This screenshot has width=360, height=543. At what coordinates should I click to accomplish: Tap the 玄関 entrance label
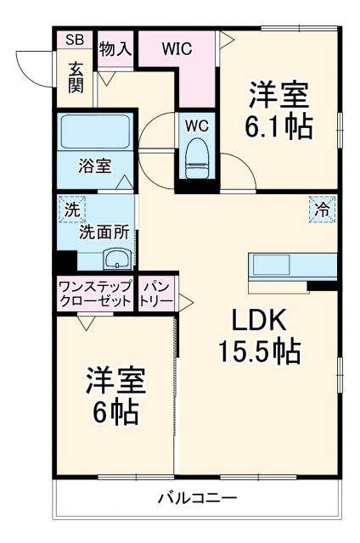(76, 76)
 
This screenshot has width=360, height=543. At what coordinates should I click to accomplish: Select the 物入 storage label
(115, 48)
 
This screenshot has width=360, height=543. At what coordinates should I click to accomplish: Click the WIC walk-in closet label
(177, 48)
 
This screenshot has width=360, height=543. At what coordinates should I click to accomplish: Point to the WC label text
(197, 126)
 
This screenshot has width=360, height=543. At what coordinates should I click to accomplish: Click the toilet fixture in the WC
(196, 157)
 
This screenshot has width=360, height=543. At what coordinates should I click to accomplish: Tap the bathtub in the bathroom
(93, 132)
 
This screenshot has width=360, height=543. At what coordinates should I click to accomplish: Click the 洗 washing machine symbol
(70, 207)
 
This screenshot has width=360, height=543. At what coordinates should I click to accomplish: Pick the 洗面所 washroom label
(103, 230)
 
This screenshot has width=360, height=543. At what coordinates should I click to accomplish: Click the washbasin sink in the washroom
(115, 258)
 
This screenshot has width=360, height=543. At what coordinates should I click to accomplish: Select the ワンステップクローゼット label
(95, 294)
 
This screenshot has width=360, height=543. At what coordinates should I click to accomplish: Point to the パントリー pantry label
(157, 294)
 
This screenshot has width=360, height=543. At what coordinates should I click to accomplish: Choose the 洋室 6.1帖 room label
(278, 110)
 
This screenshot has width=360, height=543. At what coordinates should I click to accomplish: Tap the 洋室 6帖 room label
(115, 397)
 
